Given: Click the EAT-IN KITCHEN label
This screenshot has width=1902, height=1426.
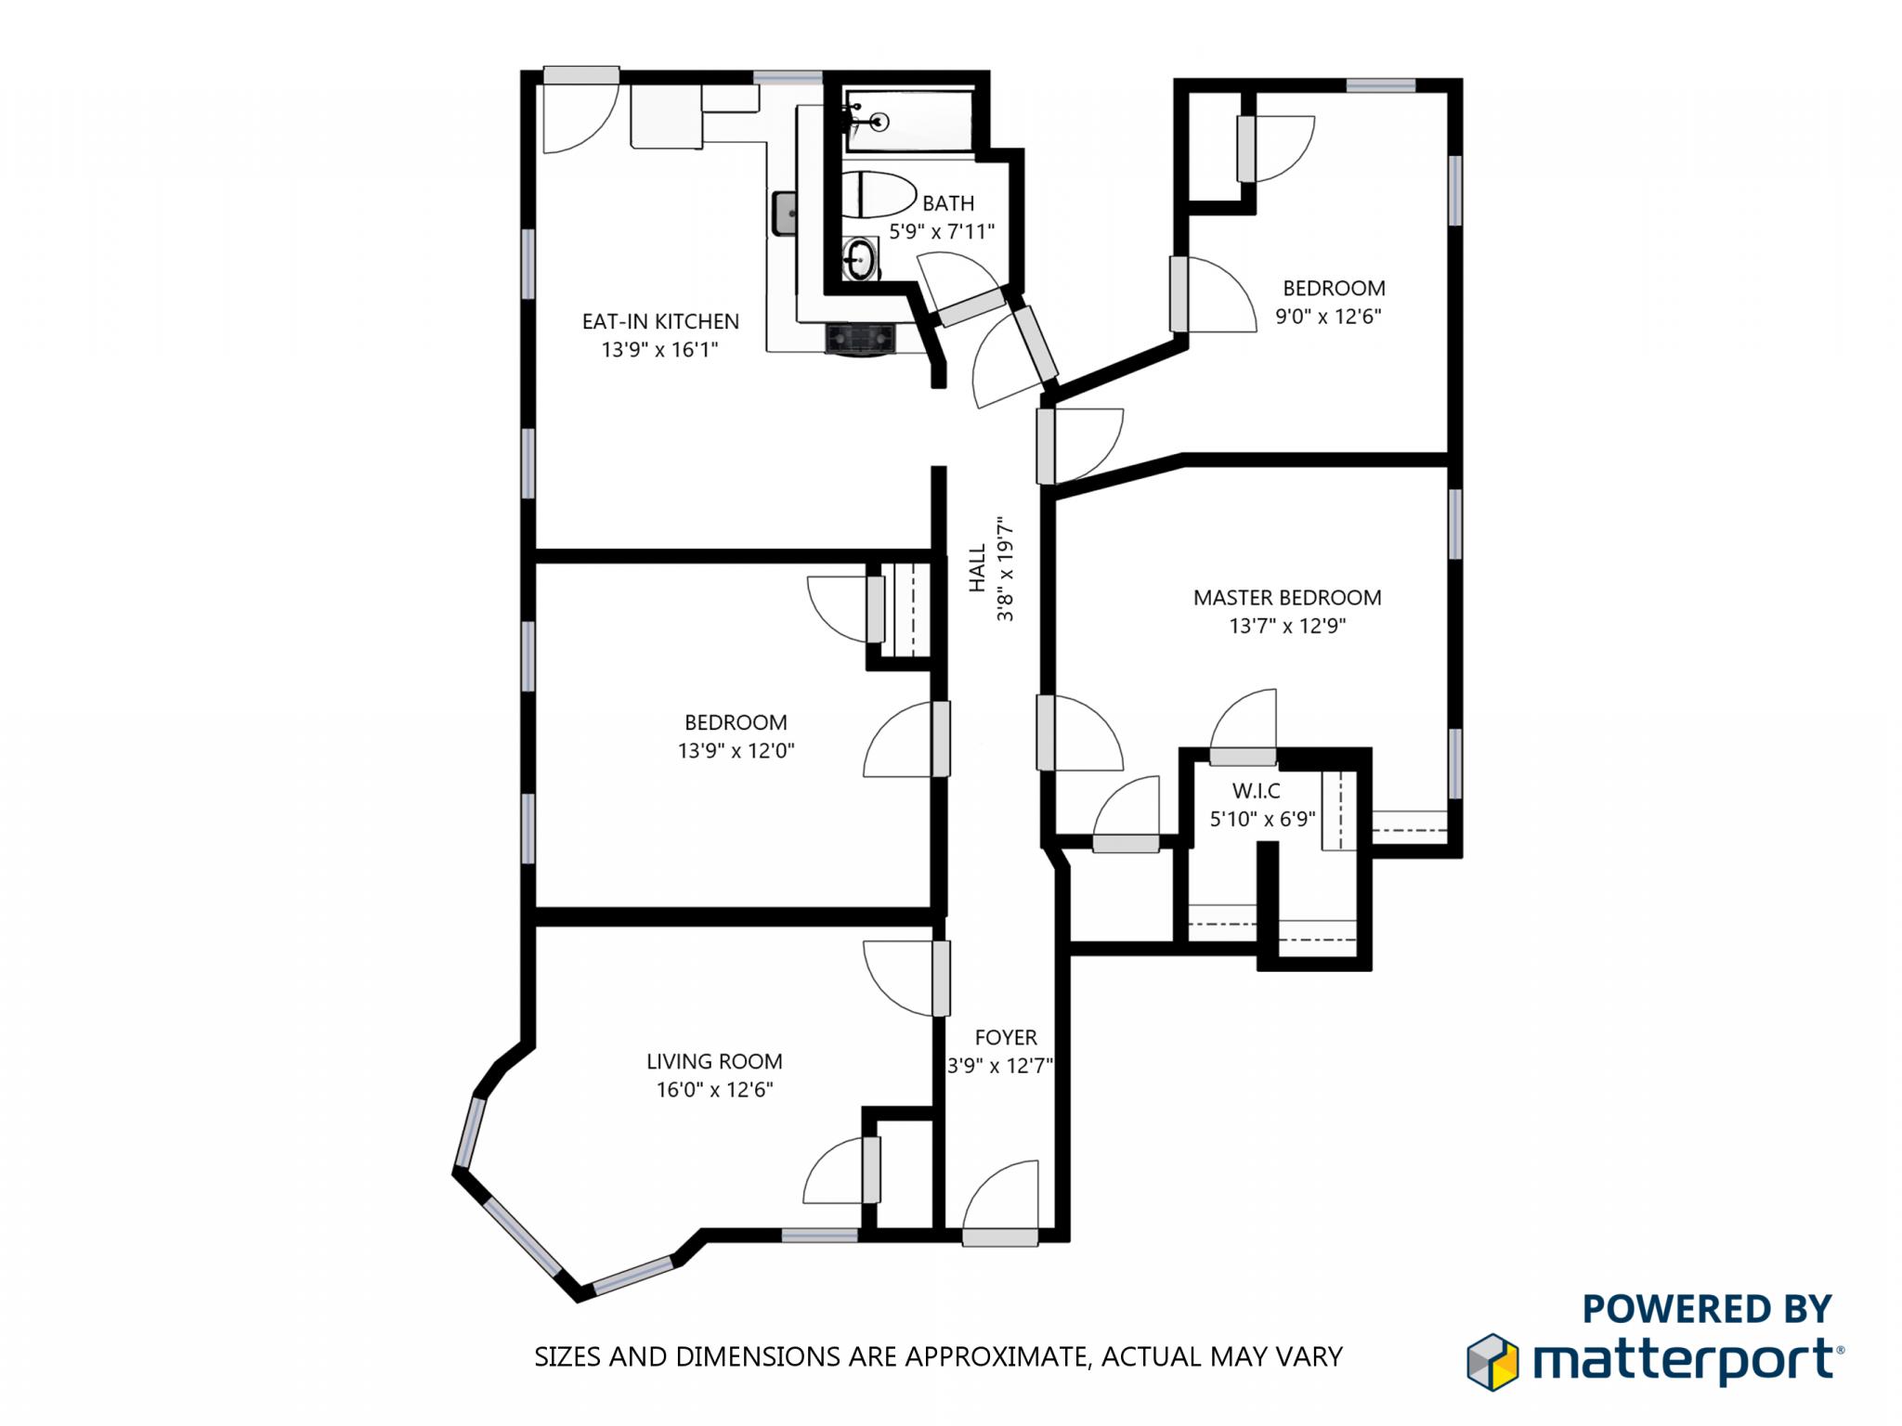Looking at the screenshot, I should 660,321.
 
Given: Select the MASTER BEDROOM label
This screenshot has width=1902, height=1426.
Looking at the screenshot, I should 1287,598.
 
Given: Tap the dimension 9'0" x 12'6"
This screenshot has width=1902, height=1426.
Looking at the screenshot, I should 1328,317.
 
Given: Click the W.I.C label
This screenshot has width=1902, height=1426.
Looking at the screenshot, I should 1256,791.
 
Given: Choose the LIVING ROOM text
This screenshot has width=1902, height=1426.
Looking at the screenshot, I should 714,1061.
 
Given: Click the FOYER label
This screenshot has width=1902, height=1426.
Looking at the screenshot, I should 1005,1037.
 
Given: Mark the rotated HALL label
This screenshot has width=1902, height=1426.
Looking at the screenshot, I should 977,568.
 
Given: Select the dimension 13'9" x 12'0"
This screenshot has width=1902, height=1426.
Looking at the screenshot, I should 736,751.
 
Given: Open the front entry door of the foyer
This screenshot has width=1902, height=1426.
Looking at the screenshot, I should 1000,1236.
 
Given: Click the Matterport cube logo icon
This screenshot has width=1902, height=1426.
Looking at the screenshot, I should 1492,1362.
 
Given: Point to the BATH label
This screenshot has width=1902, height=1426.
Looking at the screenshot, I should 948,203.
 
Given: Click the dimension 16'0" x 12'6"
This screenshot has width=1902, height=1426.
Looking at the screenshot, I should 714,1090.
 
